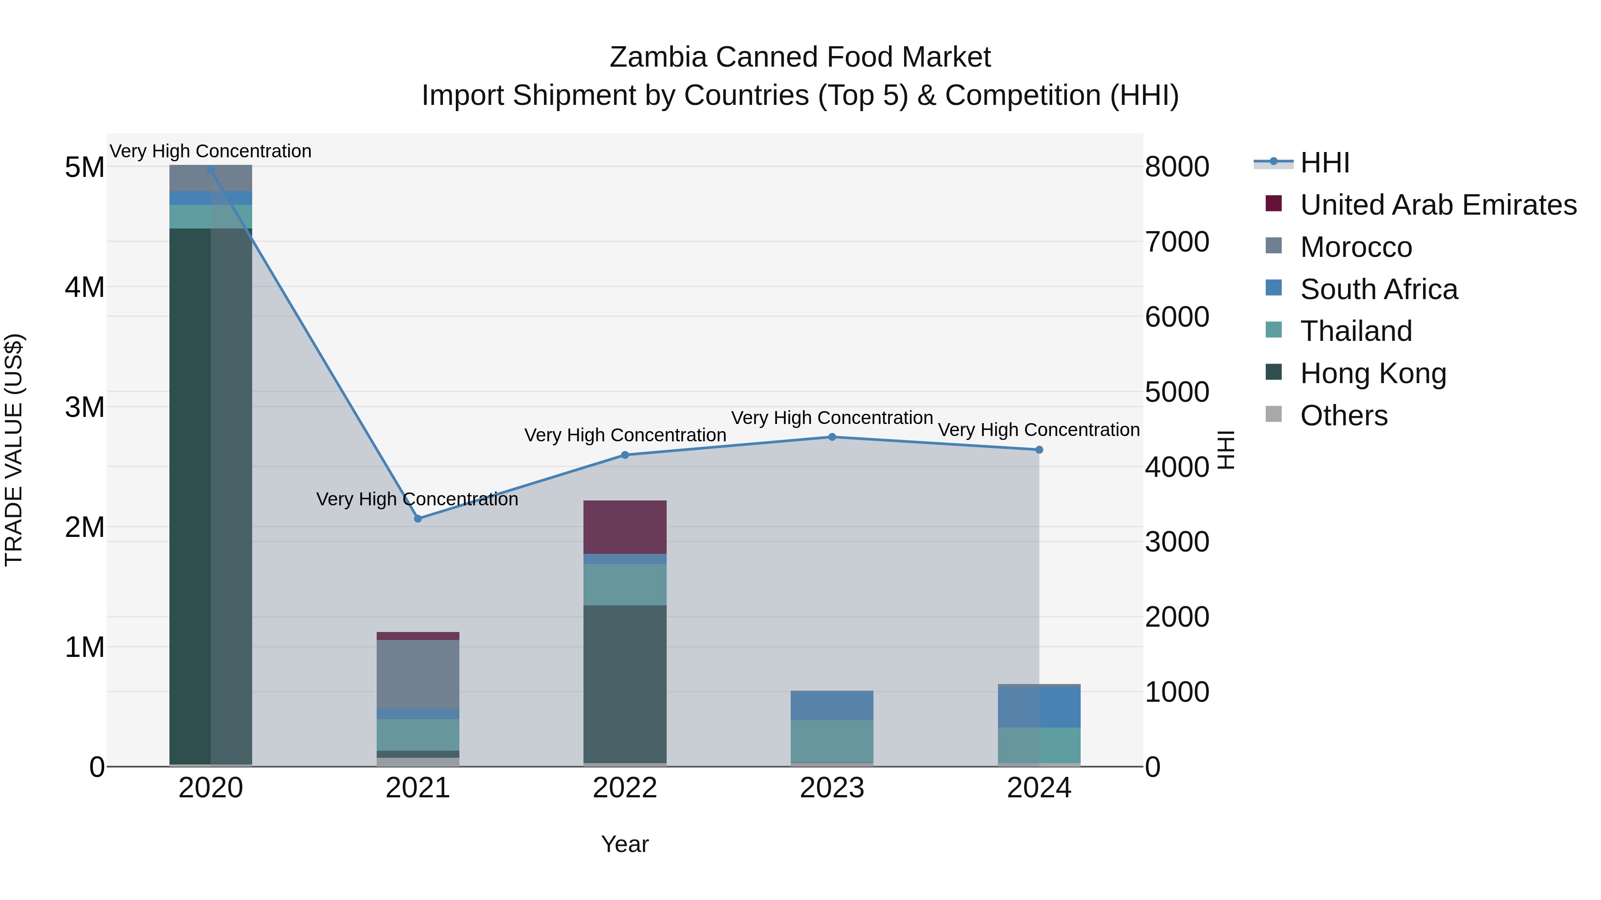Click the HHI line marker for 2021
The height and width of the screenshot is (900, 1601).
(418, 519)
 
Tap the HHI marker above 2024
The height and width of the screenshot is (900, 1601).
(1039, 450)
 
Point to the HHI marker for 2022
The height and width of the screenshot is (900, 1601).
(625, 455)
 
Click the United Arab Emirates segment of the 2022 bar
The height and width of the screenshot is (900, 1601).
(625, 527)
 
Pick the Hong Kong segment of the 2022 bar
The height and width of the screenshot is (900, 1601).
(625, 683)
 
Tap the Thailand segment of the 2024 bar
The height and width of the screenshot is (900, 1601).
(1039, 745)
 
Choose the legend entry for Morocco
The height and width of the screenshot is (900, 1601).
(1356, 247)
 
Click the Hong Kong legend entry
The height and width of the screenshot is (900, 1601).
(1373, 373)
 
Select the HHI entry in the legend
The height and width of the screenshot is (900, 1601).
(1324, 163)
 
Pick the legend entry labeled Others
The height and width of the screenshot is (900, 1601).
(1343, 416)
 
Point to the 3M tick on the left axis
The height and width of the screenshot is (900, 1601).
(84, 408)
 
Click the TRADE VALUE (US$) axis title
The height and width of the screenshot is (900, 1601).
(14, 450)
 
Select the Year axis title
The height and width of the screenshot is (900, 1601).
(625, 844)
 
